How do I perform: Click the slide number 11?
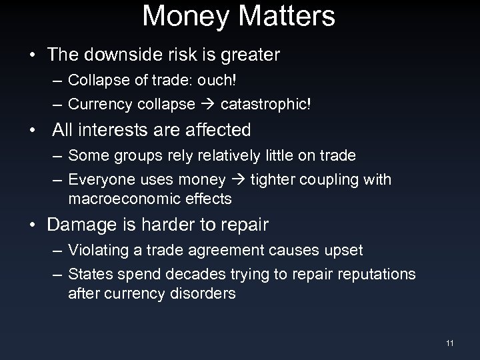click(450, 343)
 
